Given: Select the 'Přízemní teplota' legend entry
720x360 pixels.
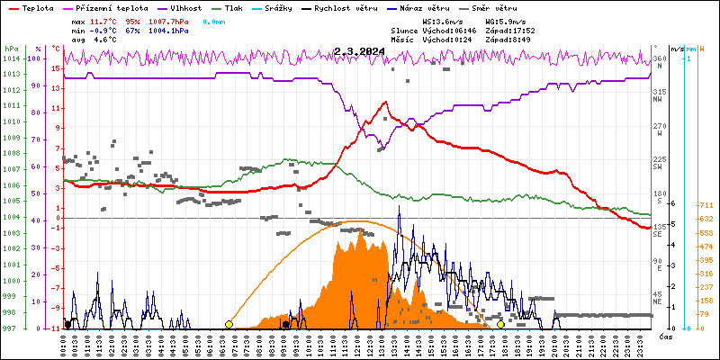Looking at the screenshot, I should [x=109, y=8].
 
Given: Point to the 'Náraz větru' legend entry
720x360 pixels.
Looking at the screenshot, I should [x=426, y=8].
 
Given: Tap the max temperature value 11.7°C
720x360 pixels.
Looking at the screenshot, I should [x=104, y=21].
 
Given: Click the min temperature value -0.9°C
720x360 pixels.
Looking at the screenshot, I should [x=104, y=30].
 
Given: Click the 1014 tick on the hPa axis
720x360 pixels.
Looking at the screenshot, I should [x=11, y=58].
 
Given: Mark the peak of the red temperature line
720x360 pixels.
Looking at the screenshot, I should [x=385, y=102].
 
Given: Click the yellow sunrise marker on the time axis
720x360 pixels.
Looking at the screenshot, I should [x=229, y=324].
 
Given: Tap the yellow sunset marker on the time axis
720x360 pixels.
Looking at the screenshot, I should [x=500, y=324].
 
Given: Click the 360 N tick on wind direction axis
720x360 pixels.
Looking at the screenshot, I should [x=659, y=59].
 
